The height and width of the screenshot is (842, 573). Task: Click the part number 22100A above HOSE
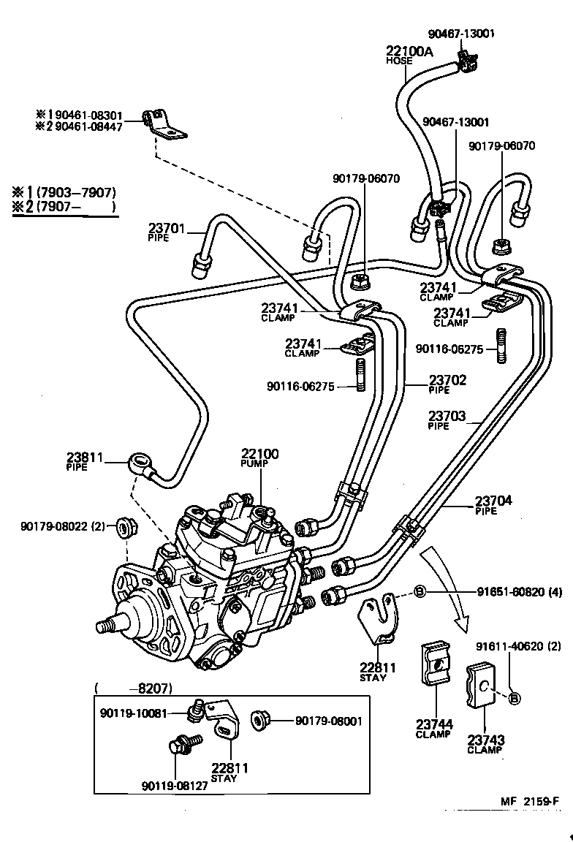pos(409,50)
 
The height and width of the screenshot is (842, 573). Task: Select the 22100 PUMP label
pos(259,455)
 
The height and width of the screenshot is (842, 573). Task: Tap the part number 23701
pos(167,228)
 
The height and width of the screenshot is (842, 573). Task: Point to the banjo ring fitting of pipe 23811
pos(140,462)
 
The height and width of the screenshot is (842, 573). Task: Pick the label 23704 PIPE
pos(493,501)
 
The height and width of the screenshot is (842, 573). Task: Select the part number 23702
pos(447,380)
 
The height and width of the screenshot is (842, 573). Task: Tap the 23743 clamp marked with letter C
pos(482,687)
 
